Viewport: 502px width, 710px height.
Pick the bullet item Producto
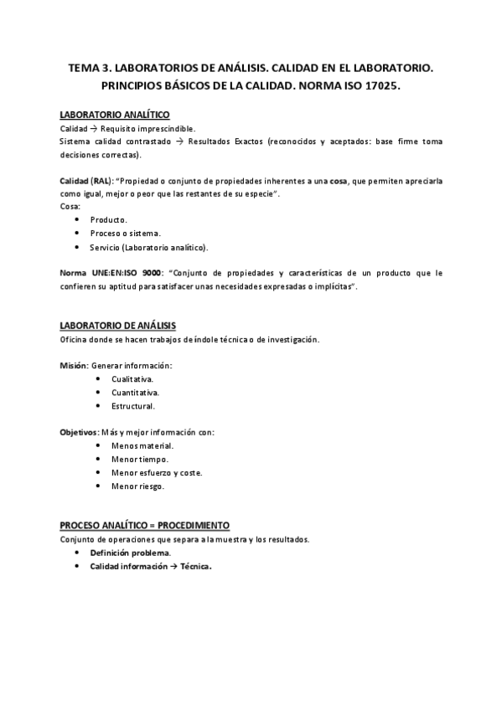click(108, 219)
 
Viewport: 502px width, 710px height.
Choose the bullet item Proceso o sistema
click(126, 233)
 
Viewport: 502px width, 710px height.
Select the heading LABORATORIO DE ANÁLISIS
click(117, 326)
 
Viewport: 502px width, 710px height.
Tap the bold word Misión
click(73, 366)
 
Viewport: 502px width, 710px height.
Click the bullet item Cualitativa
click(132, 379)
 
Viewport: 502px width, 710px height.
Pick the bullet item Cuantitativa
click(135, 393)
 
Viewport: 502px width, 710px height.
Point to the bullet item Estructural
click(132, 406)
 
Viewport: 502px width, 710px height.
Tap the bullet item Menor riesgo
click(137, 486)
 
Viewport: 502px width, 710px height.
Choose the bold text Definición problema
click(130, 553)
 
